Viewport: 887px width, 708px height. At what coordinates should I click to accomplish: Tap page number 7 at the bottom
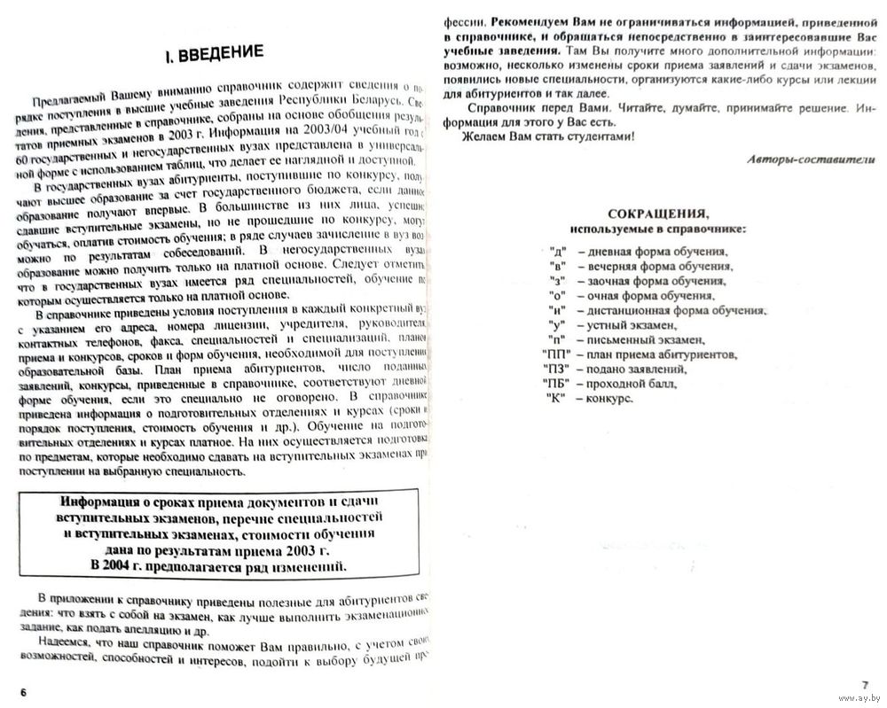pos(865,685)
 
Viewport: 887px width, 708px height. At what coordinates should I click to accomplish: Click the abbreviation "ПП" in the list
pos(556,354)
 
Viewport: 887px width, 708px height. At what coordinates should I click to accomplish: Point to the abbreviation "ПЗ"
pos(556,370)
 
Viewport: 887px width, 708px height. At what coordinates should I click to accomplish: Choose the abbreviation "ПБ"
pos(556,384)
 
